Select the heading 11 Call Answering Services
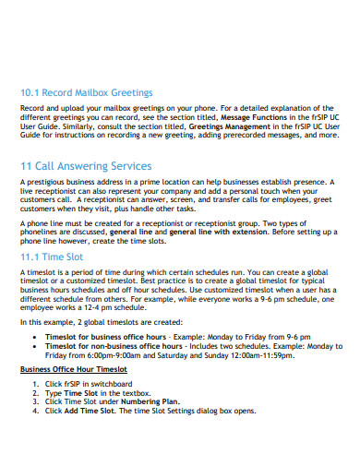click(x=86, y=166)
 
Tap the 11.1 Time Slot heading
click(x=55, y=257)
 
